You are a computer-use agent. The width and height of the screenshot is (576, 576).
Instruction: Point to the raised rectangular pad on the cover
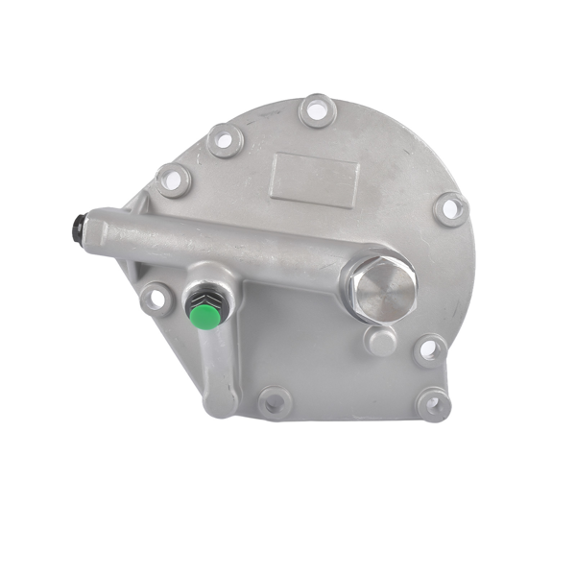point(315,179)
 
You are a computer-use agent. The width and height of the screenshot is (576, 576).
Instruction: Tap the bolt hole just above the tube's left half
point(174,180)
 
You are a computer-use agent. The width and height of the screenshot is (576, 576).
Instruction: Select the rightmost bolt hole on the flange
point(450,208)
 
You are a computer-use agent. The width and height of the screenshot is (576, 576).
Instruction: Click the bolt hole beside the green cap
point(154,299)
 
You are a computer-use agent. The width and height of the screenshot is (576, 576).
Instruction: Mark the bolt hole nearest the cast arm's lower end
point(274,401)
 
